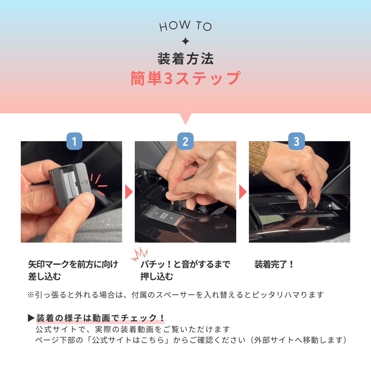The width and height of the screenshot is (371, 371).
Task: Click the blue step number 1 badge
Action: (74, 141)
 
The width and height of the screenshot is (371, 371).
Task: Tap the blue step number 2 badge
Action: (185, 141)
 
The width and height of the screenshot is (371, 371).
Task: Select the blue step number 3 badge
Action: (297, 141)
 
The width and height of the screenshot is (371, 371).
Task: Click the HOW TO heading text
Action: (185, 26)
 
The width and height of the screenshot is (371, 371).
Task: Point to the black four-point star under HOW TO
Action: (185, 41)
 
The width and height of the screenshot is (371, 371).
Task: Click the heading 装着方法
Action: (185, 59)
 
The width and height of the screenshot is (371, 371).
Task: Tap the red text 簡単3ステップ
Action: (185, 78)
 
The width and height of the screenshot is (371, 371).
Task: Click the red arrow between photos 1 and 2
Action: (129, 192)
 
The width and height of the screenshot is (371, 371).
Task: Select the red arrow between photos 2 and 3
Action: (243, 192)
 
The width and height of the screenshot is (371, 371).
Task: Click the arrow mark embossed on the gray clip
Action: (85, 183)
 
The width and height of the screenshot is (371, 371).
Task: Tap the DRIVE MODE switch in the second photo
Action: (164, 216)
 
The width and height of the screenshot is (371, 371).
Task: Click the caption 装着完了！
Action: (274, 264)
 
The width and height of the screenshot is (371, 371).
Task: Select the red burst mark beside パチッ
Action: (140, 254)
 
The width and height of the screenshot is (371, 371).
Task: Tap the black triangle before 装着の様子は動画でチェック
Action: (31, 318)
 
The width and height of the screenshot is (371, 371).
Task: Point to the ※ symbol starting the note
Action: (31, 295)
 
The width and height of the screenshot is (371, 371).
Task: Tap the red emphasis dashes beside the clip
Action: (99, 185)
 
